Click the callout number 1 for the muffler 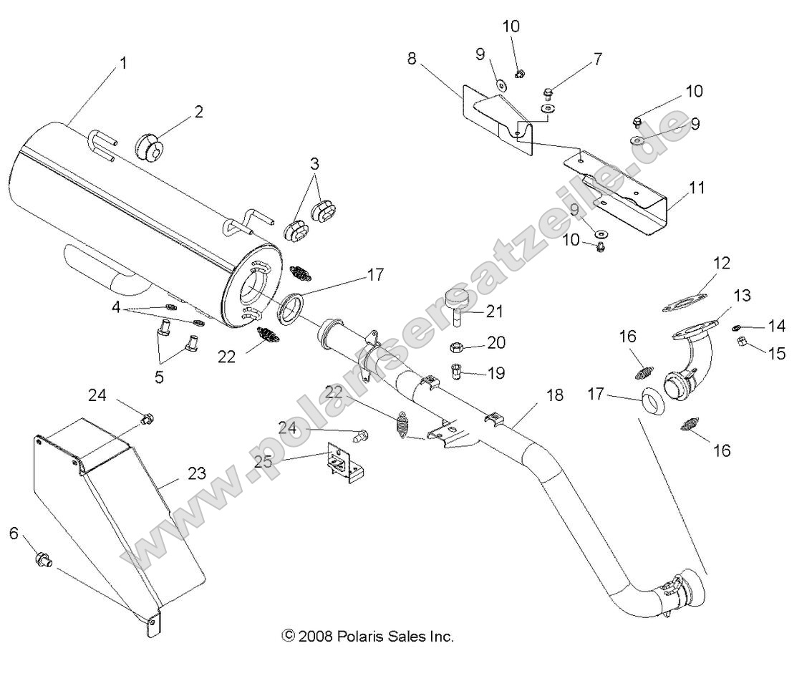[x=123, y=63]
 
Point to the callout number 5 [x=159, y=377]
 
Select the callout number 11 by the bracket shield [x=697, y=188]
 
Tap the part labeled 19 [x=457, y=372]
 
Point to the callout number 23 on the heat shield [x=197, y=473]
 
